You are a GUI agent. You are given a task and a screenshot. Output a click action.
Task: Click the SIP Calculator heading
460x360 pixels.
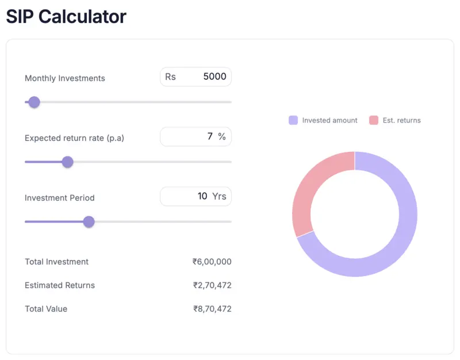coord(66,16)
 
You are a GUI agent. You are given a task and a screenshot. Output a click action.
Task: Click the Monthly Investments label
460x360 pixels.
coord(65,78)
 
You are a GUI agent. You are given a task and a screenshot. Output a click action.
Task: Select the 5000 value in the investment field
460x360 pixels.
coord(215,76)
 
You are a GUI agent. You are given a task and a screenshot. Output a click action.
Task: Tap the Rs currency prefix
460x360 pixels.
coord(170,76)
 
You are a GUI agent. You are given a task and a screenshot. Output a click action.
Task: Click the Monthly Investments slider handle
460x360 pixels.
coord(34,102)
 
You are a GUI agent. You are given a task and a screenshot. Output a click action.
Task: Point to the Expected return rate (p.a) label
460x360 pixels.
coord(74,138)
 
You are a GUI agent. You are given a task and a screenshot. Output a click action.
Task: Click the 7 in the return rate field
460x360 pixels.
coord(210,136)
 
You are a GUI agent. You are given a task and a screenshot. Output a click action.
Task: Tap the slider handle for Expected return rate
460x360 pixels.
coord(67,162)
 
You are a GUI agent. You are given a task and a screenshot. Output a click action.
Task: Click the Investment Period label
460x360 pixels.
coord(60,198)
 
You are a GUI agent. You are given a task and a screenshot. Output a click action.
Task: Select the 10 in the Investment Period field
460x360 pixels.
coord(202,196)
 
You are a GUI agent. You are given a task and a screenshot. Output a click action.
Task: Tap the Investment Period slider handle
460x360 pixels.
coord(89,222)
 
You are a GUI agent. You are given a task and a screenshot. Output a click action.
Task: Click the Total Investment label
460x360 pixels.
coord(56,262)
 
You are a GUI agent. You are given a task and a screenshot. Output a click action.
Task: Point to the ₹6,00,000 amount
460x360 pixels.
coord(212,262)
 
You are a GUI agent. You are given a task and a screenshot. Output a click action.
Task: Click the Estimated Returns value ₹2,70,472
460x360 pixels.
coord(212,285)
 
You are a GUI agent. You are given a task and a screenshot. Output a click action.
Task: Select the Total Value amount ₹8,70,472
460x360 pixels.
coord(212,309)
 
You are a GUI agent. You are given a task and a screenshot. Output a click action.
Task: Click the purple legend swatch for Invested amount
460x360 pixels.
coord(293,120)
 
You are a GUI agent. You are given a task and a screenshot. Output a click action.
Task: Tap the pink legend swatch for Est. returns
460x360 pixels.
coord(374,120)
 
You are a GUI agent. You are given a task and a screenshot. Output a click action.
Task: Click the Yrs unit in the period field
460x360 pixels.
coord(219,196)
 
